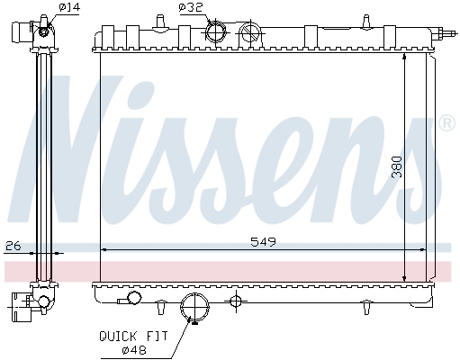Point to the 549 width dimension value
262,240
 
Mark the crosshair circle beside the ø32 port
253,33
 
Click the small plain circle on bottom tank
134,298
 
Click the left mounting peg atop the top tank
159,18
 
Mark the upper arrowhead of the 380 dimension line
404,56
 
